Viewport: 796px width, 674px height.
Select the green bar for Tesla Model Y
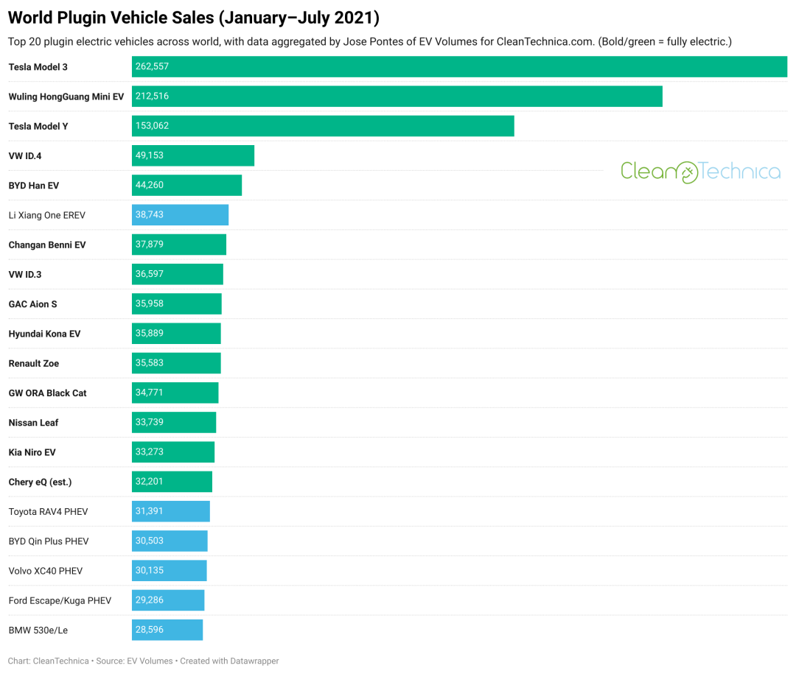(x=323, y=126)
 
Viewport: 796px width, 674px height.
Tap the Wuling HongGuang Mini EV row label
(x=66, y=96)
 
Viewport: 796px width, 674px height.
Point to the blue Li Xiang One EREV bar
(x=180, y=215)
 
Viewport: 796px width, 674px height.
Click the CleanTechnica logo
(x=700, y=172)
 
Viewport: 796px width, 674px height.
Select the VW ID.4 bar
(x=193, y=155)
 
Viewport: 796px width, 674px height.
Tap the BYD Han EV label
(x=34, y=186)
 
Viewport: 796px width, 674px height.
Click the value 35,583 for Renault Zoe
(x=150, y=363)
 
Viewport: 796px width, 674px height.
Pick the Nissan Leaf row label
(x=33, y=423)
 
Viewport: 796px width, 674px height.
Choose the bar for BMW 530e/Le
(x=167, y=630)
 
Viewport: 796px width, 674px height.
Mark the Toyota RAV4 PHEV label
(x=49, y=512)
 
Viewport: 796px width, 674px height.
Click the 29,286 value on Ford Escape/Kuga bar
(x=150, y=600)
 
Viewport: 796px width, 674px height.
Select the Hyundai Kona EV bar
(x=176, y=334)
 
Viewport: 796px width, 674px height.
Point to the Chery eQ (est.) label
(x=40, y=482)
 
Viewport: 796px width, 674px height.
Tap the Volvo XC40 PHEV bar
(x=170, y=571)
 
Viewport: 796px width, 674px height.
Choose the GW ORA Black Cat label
(x=47, y=393)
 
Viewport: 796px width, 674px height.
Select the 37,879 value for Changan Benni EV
(x=150, y=245)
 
